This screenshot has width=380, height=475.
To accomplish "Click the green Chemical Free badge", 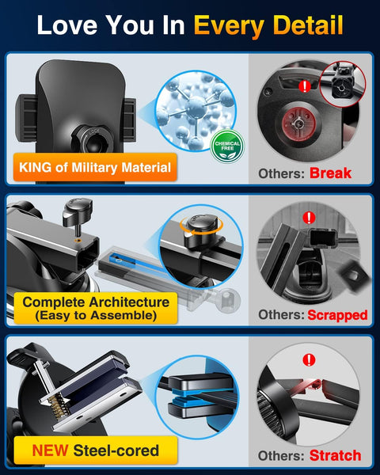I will [x=227, y=146].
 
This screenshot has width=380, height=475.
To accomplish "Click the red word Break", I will [x=330, y=172].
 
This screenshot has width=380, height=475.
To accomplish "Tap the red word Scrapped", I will [x=338, y=314].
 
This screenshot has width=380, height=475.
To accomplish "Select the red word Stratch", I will [x=335, y=454].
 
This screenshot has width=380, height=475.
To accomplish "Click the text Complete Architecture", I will [x=96, y=302].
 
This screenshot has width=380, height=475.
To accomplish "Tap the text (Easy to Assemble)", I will [x=96, y=315].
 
